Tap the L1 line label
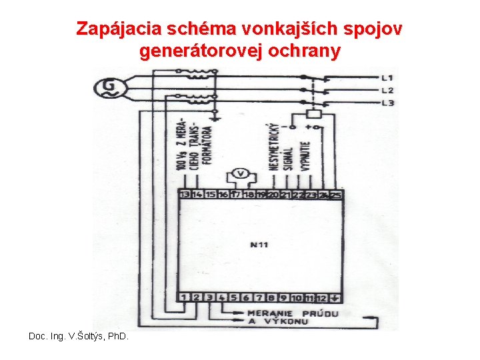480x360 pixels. click(387, 77)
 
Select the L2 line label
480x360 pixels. click(387, 90)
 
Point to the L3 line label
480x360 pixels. click(387, 103)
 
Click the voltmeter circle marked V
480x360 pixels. click(243, 175)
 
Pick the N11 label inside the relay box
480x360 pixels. click(259, 245)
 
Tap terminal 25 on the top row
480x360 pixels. click(336, 195)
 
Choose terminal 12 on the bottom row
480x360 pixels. click(321, 297)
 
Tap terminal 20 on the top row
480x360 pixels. click(273, 195)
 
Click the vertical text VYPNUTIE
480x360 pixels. click(305, 156)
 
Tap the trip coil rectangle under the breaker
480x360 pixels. click(313, 114)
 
